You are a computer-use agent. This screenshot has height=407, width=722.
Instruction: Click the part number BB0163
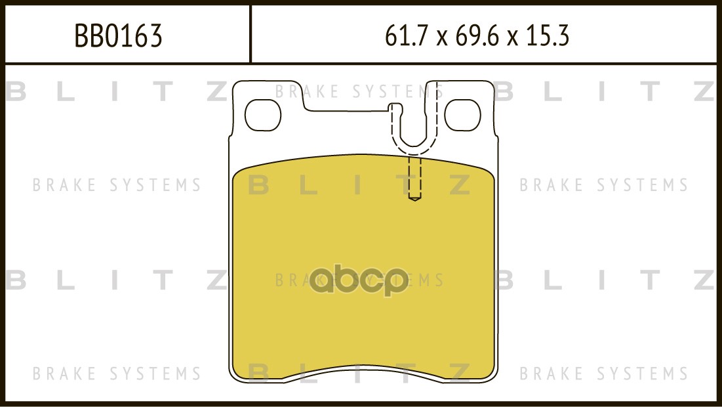point(118,36)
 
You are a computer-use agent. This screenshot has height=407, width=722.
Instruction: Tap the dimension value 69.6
point(477,36)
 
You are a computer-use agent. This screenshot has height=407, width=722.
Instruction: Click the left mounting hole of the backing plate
point(262,115)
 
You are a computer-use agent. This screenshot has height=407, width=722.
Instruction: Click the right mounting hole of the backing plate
point(462,115)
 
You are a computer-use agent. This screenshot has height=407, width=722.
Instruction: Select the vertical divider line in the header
point(250,33)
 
